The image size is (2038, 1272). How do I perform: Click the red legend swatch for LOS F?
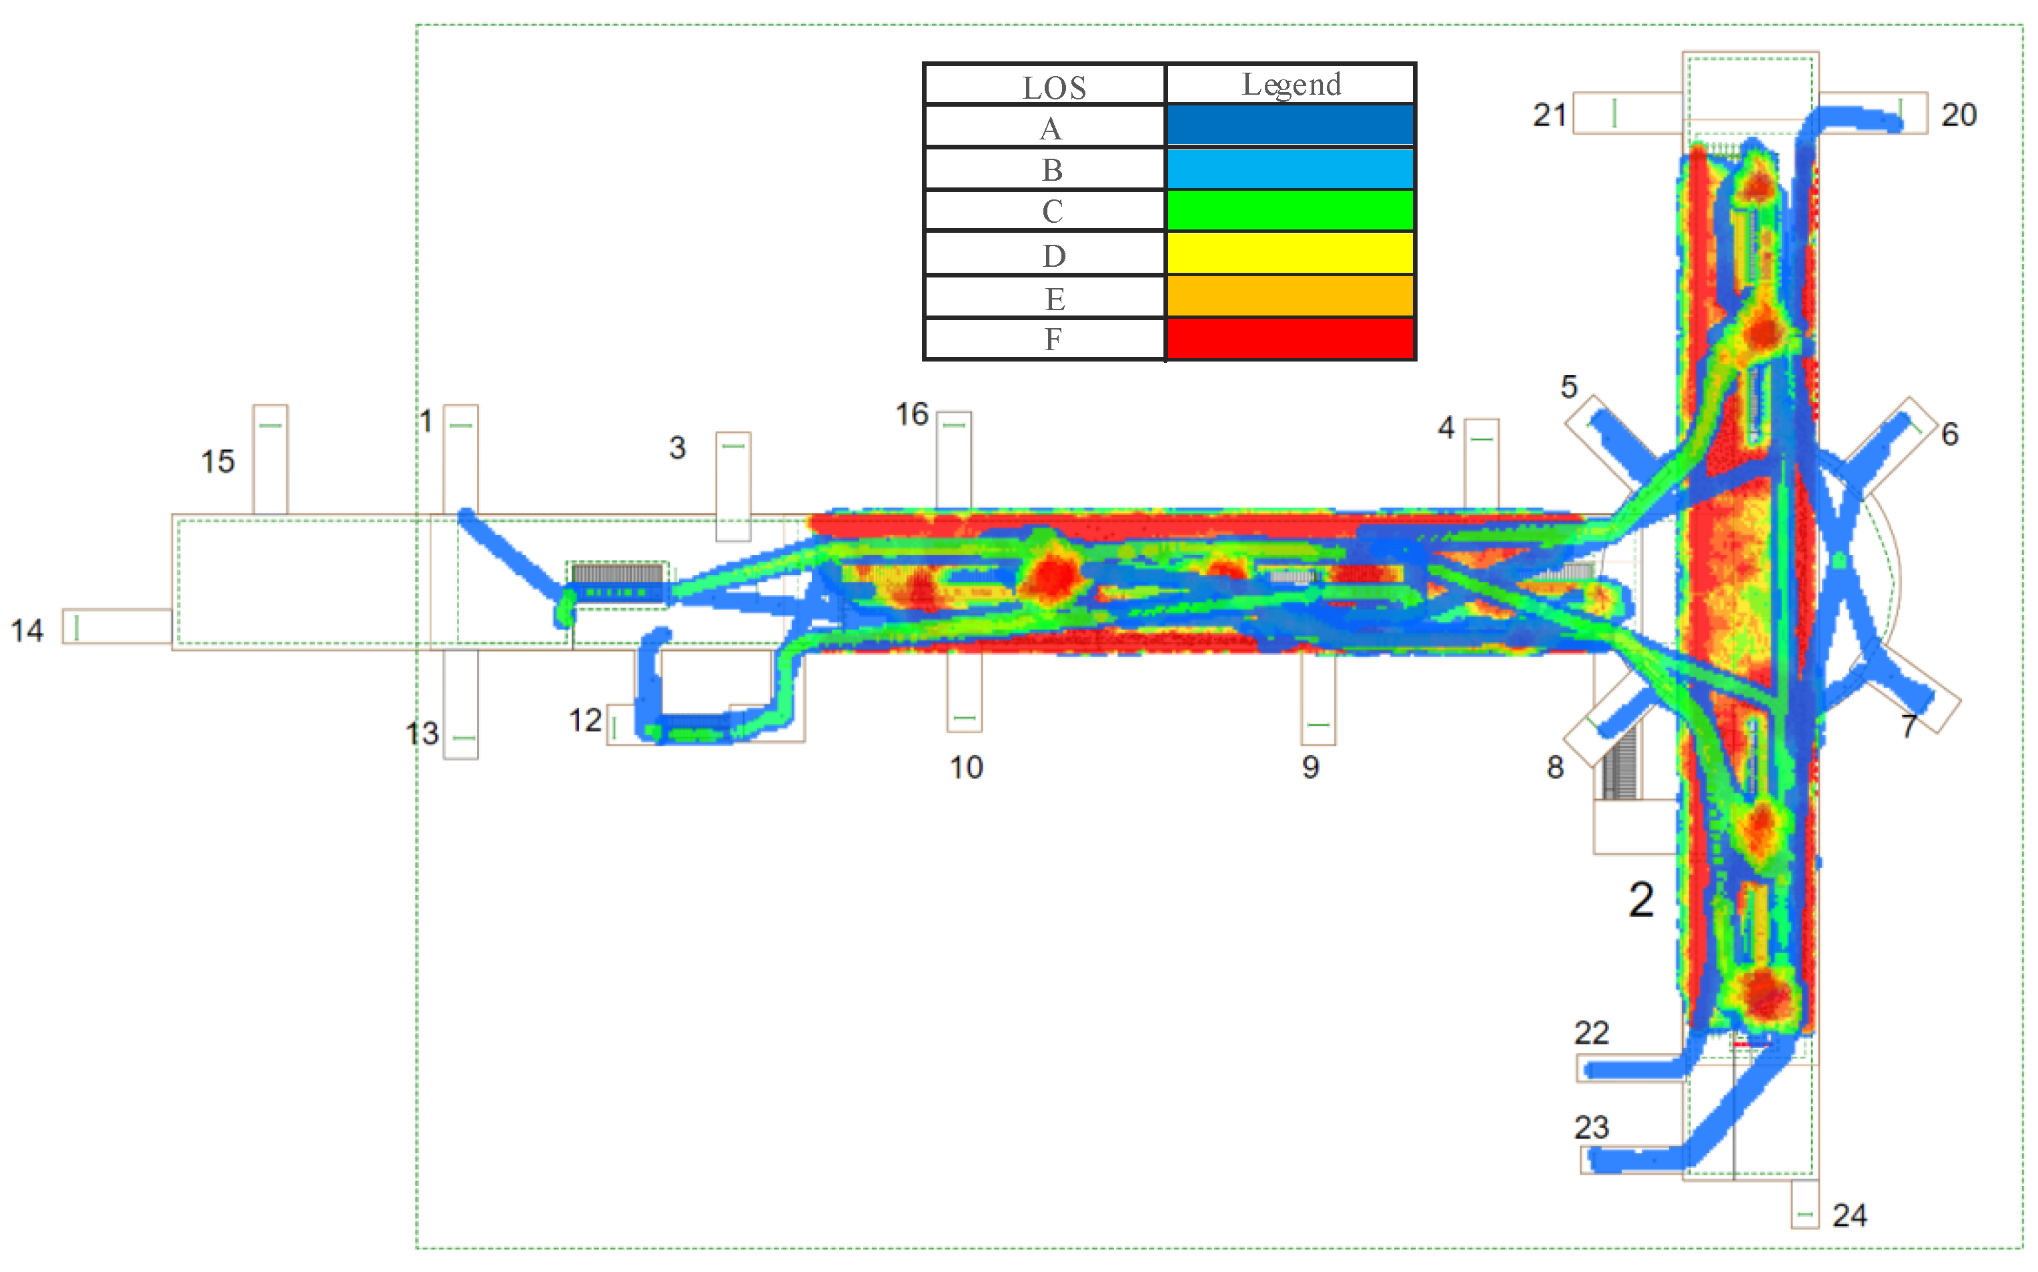[x=1290, y=339]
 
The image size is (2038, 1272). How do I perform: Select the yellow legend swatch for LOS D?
[x=1290, y=253]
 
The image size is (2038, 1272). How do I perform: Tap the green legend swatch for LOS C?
[x=1290, y=210]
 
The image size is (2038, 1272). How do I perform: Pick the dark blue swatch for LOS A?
[x=1290, y=125]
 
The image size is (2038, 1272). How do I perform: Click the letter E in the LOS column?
[x=1054, y=299]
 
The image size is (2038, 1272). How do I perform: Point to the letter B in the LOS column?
[x=1052, y=170]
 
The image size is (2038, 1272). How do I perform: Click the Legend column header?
[x=1291, y=85]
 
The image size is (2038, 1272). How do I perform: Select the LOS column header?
[x=1054, y=87]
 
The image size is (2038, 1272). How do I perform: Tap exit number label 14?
[x=27, y=631]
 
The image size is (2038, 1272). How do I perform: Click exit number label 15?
[x=217, y=461]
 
